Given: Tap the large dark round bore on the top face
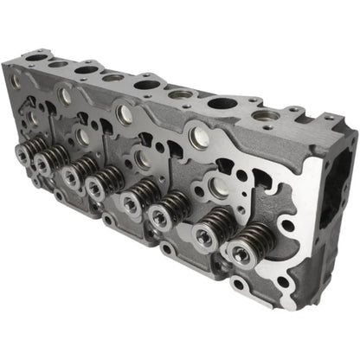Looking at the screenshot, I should (222, 106).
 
